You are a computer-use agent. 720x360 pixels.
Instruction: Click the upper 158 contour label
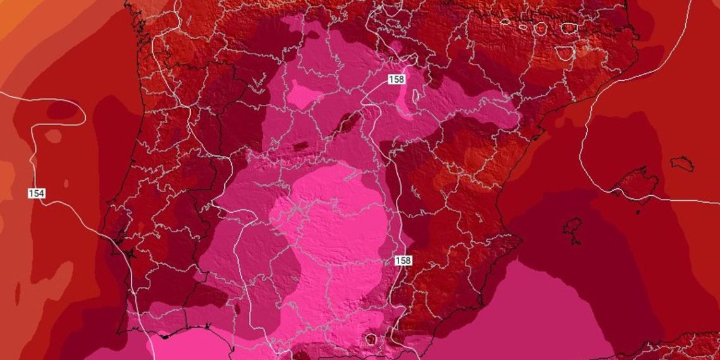point(396,80)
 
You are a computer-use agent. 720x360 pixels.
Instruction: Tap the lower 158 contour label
point(403,260)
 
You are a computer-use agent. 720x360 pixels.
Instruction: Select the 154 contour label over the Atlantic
point(37,193)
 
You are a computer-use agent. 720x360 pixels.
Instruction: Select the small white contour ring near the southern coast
point(371,340)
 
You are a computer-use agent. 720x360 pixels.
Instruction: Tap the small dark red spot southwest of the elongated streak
point(301,147)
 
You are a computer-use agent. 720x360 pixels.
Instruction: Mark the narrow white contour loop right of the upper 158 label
point(415,97)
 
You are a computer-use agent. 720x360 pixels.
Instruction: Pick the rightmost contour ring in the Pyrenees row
point(569,28)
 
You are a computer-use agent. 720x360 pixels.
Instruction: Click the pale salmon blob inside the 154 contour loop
point(53,136)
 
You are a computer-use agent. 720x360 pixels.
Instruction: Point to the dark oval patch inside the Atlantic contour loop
point(63,111)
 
